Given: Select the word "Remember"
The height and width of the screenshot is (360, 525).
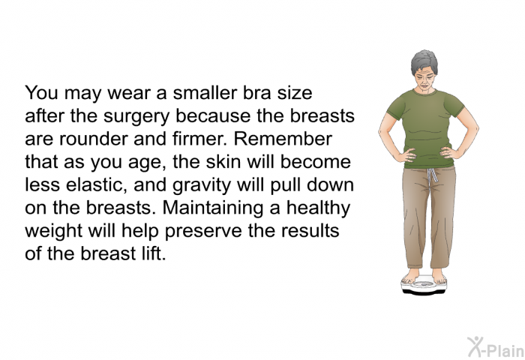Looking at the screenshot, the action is (283, 139).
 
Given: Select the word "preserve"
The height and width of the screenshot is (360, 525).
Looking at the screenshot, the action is (203, 232).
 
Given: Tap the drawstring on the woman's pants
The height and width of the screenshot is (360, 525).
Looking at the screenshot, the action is (432, 175).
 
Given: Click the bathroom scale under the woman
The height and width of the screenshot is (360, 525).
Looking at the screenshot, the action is (424, 286).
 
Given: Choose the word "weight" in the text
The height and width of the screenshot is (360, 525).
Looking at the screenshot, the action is (53, 232).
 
